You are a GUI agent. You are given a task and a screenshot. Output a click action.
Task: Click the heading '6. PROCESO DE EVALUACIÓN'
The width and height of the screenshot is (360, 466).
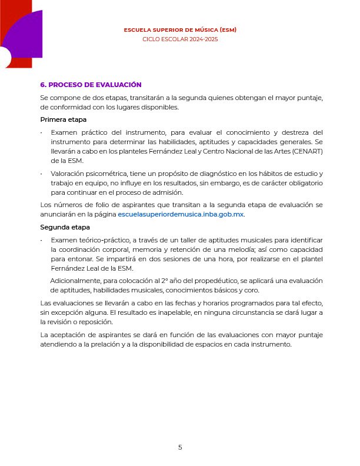(91, 85)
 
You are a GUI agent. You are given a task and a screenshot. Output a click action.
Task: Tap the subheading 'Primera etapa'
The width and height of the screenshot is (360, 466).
(64, 120)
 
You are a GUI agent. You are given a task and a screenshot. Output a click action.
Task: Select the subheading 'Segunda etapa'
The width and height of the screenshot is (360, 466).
(65, 227)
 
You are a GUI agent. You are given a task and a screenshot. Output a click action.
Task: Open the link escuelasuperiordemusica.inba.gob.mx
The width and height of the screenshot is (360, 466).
(181, 215)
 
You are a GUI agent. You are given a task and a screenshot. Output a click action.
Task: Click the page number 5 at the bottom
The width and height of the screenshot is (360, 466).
(180, 447)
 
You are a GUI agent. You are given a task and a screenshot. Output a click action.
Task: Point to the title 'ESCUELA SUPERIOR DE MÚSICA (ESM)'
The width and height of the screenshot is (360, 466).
(180, 29)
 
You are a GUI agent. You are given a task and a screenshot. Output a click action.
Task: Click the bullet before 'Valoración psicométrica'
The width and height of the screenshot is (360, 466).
(42, 174)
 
